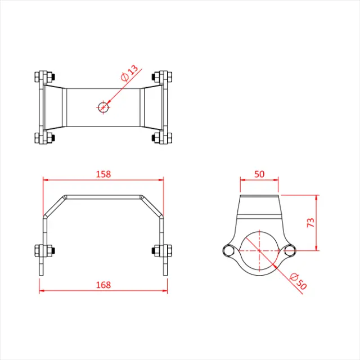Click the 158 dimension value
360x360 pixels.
point(103,174)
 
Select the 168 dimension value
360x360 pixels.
point(103,285)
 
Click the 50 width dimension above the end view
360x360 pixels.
point(259,174)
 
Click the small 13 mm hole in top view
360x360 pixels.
point(103,107)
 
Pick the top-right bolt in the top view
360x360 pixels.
point(161,76)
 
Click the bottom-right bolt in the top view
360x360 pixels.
point(161,138)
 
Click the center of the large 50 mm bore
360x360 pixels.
point(259,251)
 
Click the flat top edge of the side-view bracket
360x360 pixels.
point(103,196)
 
